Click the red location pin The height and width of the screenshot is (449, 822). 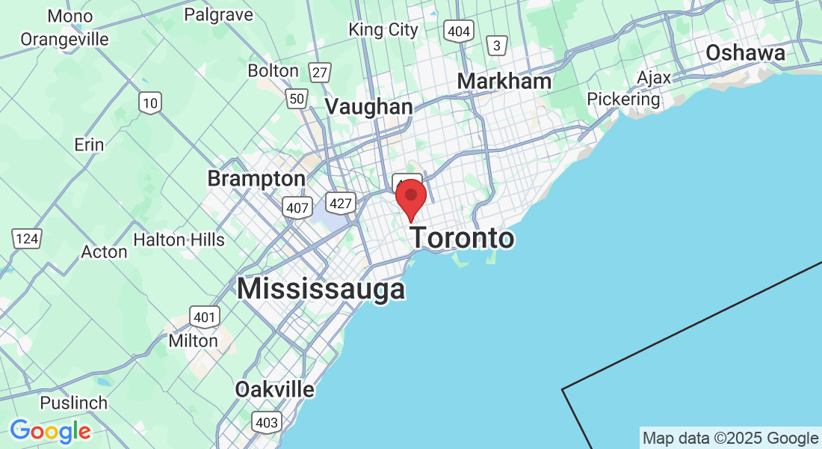click(x=410, y=197)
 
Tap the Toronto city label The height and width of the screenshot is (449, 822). click(x=463, y=239)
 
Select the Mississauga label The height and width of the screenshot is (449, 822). click(x=321, y=289)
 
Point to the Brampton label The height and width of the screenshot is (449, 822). click(x=256, y=179)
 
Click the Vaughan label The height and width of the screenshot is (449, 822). click(x=368, y=107)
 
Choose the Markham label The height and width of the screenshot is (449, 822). click(x=504, y=81)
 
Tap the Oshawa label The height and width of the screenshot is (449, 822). click(x=745, y=53)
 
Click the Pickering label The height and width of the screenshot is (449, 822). click(x=623, y=99)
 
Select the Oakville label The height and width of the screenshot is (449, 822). click(x=274, y=390)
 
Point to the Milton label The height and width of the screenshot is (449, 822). click(x=194, y=341)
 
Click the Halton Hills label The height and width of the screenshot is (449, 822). click(x=179, y=239)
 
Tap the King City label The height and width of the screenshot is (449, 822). click(x=383, y=30)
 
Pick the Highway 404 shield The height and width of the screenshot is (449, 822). click(x=457, y=31)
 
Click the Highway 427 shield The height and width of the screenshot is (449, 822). click(x=339, y=202)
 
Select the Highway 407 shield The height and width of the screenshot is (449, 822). click(x=297, y=207)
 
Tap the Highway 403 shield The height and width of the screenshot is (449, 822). click(x=266, y=423)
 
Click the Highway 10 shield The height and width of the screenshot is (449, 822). click(x=150, y=103)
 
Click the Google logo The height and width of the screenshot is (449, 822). click(x=50, y=431)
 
